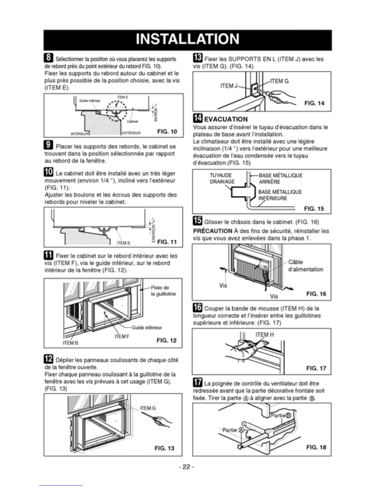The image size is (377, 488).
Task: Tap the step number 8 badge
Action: (x=49, y=58)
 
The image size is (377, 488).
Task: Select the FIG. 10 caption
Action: (x=167, y=132)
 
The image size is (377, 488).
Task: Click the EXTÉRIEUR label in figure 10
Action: (x=131, y=133)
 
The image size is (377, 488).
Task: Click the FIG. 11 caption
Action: (x=167, y=242)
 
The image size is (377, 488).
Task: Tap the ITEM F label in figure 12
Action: (x=122, y=336)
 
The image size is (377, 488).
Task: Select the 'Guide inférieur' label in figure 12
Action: (x=147, y=327)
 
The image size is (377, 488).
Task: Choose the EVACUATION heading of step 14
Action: (x=226, y=119)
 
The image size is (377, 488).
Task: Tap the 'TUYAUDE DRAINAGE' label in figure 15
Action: (x=222, y=179)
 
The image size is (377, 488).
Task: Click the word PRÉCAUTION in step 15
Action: (x=213, y=231)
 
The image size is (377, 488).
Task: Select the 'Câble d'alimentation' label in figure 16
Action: (x=306, y=266)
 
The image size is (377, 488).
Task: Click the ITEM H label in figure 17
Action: (x=264, y=335)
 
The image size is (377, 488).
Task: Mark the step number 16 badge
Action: (x=197, y=307)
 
